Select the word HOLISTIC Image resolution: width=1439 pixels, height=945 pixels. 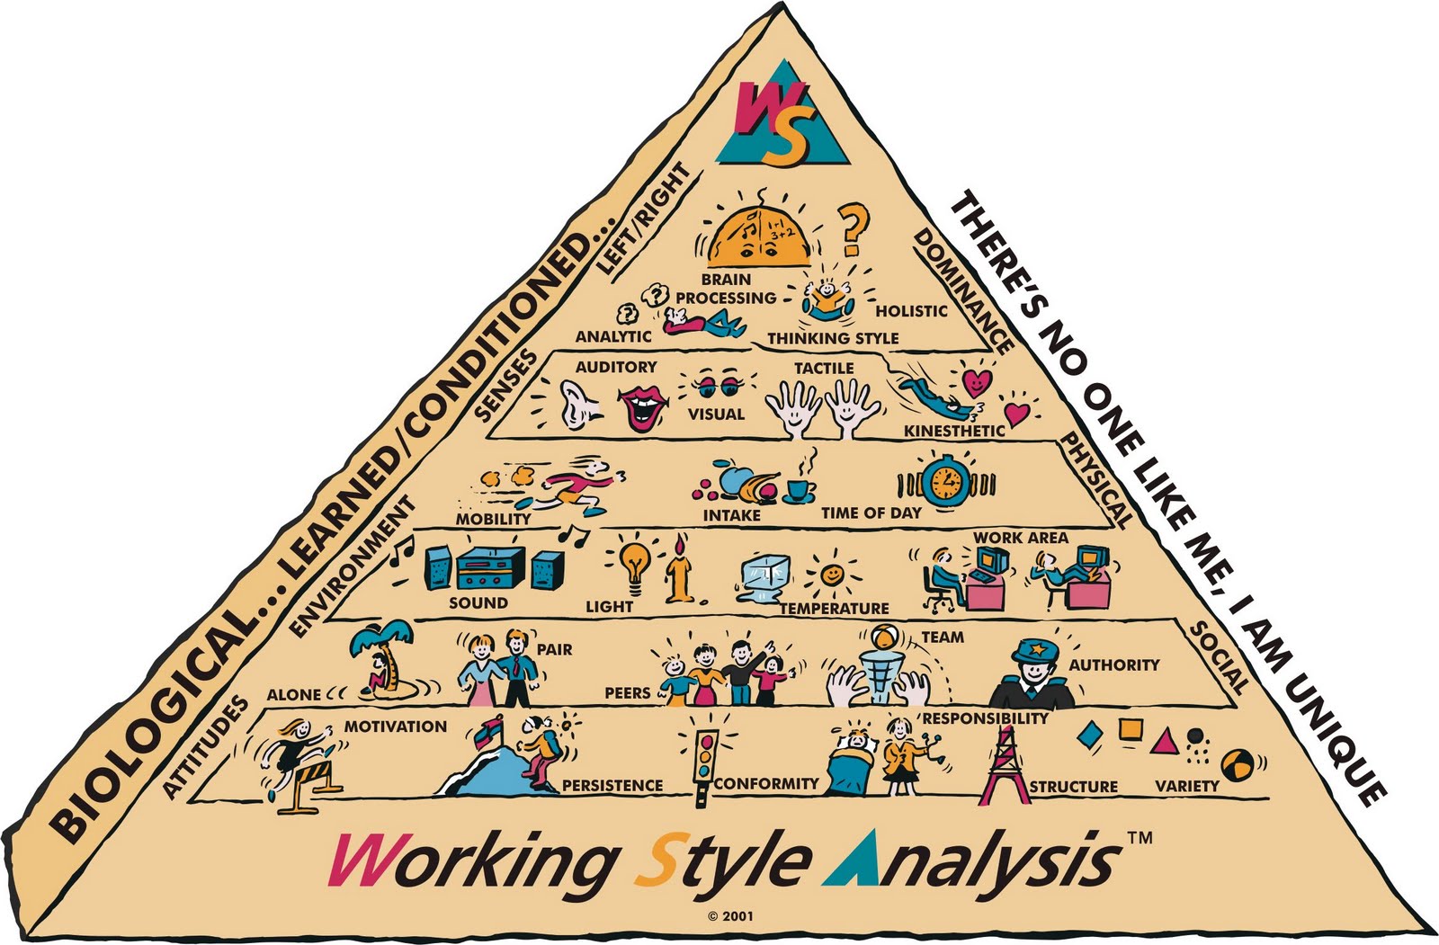911,311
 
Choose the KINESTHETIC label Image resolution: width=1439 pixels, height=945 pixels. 953,431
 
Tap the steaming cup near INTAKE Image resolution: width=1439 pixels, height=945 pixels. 797,490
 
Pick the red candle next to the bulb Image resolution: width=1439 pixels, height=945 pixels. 677,575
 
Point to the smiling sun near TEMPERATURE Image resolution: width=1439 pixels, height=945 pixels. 832,574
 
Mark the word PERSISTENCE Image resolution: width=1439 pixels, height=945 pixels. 612,786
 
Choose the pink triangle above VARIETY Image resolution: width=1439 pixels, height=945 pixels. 1164,742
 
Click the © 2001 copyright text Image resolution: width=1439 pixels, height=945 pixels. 730,916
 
